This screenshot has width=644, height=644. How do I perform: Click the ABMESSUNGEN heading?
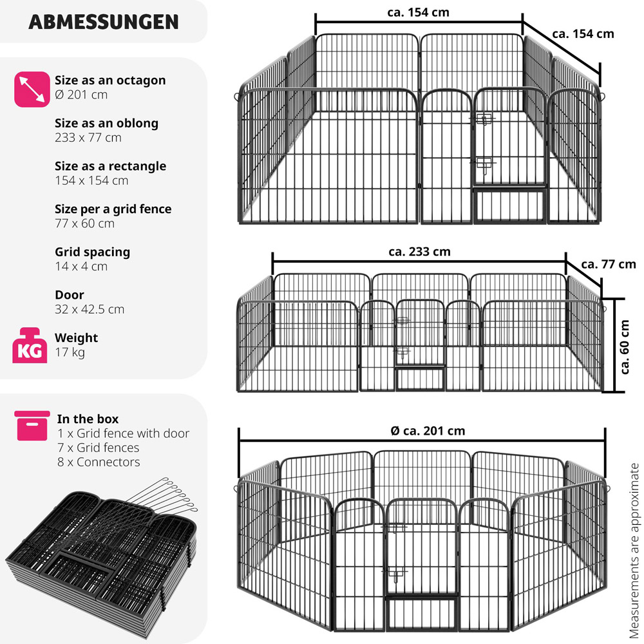pyautogui.click(x=104, y=22)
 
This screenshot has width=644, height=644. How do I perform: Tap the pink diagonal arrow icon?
pyautogui.click(x=32, y=89)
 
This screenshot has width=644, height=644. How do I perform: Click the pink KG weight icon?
pyautogui.click(x=29, y=345)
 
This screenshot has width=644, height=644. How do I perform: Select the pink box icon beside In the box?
pyautogui.click(x=32, y=426)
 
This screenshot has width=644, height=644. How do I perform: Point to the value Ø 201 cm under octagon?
pyautogui.click(x=81, y=95)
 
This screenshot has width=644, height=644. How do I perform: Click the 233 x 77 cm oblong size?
pyautogui.click(x=88, y=138)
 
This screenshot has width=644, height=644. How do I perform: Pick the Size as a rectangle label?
pyautogui.click(x=111, y=166)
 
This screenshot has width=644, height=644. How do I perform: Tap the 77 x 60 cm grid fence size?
pyautogui.click(x=84, y=223)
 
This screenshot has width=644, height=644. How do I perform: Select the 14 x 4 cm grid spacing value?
pyautogui.click(x=81, y=267)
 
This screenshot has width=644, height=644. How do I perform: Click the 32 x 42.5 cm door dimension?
pyautogui.click(x=90, y=309)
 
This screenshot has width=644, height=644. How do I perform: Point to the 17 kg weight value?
pyautogui.click(x=70, y=352)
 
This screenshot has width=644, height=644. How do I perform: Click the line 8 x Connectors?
pyautogui.click(x=99, y=462)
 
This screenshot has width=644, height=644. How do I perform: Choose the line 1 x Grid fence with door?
pyautogui.click(x=123, y=433)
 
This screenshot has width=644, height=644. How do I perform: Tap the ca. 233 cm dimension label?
pyautogui.click(x=419, y=251)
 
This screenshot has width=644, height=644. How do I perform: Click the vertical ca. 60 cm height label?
pyautogui.click(x=624, y=346)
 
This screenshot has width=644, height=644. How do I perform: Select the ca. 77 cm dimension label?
pyautogui.click(x=609, y=264)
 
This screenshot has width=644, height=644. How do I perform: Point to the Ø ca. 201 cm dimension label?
pyautogui.click(x=428, y=431)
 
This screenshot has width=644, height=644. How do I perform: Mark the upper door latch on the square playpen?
pyautogui.click(x=483, y=119)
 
